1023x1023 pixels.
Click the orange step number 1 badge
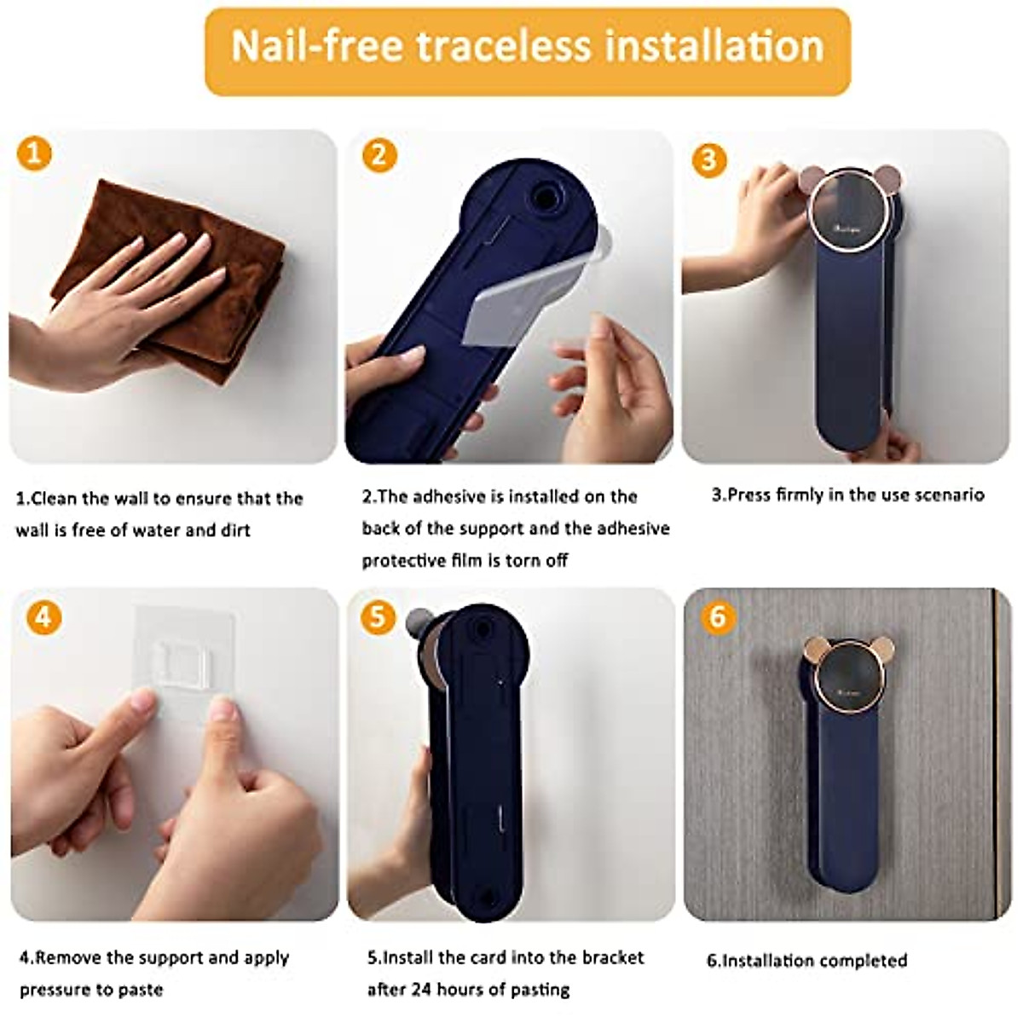[35, 154]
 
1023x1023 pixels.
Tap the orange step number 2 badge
[379, 155]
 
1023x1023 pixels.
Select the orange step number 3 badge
[708, 159]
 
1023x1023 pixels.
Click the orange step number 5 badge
[378, 616]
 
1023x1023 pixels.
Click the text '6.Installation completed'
[806, 961]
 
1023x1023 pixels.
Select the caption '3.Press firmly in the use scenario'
[847, 495]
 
